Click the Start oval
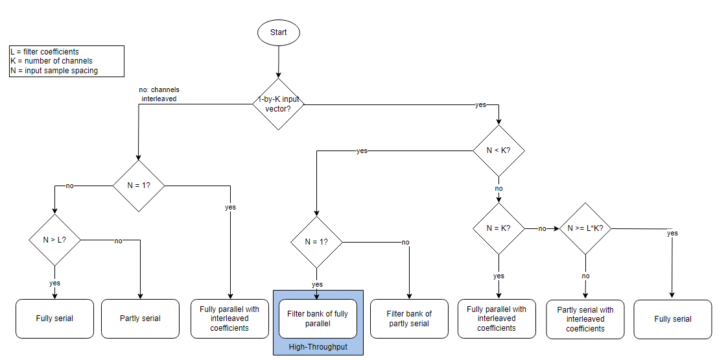[279, 32]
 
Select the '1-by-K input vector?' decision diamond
[279, 104]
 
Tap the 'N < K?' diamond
[498, 150]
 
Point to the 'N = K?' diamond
[498, 228]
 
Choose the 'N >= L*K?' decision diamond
[585, 228]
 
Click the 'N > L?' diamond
[54, 240]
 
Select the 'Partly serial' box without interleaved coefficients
[140, 318]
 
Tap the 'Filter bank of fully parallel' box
[318, 318]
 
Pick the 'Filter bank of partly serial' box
[409, 318]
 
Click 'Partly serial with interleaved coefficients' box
[585, 318]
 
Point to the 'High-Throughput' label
[318, 347]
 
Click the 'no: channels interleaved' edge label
[159, 94]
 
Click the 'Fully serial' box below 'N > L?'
[54, 318]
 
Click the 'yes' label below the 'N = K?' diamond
[498, 276]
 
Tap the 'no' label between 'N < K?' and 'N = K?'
[498, 189]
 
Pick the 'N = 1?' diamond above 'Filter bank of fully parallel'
[316, 241]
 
